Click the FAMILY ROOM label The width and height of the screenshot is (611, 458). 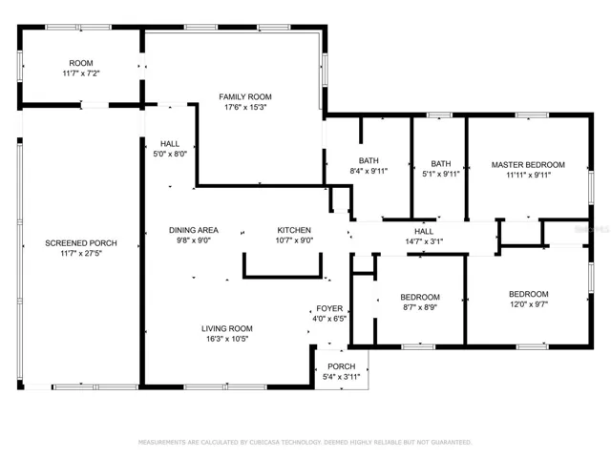(245, 97)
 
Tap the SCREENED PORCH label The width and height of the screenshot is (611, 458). (81, 243)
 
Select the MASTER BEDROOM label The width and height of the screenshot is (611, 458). (528, 165)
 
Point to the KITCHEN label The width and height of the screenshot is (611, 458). (294, 230)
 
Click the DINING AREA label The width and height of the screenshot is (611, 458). (194, 230)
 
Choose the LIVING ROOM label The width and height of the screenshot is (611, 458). (227, 328)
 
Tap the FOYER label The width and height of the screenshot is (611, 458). (329, 309)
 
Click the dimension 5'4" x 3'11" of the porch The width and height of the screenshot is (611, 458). (342, 377)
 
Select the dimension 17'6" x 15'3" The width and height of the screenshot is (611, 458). (245, 107)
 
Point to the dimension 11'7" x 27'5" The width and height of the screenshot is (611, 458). (81, 254)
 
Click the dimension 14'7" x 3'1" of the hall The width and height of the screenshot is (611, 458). (424, 241)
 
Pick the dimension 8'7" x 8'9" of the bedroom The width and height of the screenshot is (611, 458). (420, 307)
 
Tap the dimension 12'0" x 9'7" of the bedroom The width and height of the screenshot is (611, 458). (529, 304)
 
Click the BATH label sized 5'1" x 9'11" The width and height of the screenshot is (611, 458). (441, 164)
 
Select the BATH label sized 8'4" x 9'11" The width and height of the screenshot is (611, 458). (369, 161)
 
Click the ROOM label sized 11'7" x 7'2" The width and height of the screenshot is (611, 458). (81, 63)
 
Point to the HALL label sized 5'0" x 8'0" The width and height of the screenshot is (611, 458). (170, 144)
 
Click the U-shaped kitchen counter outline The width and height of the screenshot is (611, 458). (283, 278)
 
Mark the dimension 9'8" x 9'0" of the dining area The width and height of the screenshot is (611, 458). (194, 240)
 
